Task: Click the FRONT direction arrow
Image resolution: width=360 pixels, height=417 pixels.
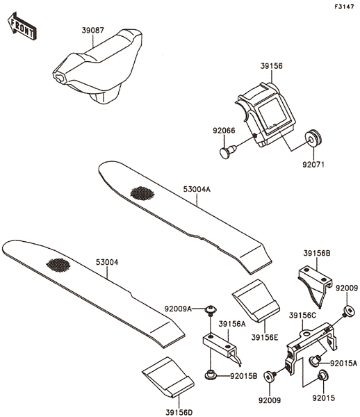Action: click(x=22, y=26)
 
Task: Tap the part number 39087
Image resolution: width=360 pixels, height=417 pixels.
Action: click(x=93, y=31)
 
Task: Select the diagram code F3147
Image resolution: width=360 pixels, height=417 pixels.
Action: click(x=344, y=7)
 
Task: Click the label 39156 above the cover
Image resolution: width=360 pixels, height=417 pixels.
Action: click(x=271, y=66)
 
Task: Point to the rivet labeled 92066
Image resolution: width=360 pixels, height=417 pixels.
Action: click(x=228, y=152)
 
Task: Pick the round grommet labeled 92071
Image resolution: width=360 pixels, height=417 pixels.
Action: click(x=313, y=138)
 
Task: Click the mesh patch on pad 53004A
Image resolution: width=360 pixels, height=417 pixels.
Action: click(x=142, y=193)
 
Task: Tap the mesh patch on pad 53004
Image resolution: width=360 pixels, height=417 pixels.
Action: click(x=58, y=265)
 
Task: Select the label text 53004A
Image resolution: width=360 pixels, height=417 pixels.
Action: click(x=197, y=189)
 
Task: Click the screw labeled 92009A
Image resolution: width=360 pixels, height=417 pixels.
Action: click(x=211, y=309)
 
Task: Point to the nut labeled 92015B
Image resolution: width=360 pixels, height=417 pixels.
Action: click(x=211, y=375)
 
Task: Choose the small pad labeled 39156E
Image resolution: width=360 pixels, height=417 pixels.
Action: click(x=256, y=300)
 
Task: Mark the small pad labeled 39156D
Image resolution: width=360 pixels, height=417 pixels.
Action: click(x=168, y=377)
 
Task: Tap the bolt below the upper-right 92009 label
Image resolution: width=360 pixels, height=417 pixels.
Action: click(x=348, y=311)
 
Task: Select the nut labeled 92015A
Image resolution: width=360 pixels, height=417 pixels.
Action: click(x=315, y=360)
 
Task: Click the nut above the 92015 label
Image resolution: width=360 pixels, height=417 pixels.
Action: click(x=322, y=375)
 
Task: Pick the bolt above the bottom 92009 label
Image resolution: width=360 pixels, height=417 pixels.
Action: click(x=270, y=377)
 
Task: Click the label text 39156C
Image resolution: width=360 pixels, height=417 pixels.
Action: click(x=302, y=316)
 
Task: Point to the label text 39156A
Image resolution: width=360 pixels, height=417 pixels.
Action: click(x=232, y=324)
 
